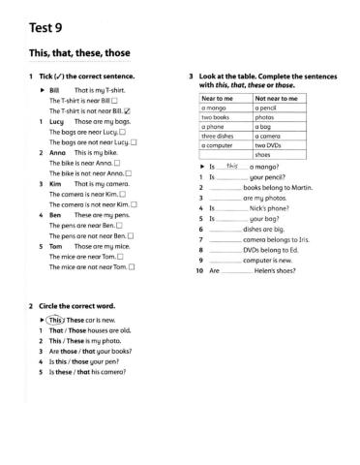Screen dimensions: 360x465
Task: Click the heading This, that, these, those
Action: [79, 51]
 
